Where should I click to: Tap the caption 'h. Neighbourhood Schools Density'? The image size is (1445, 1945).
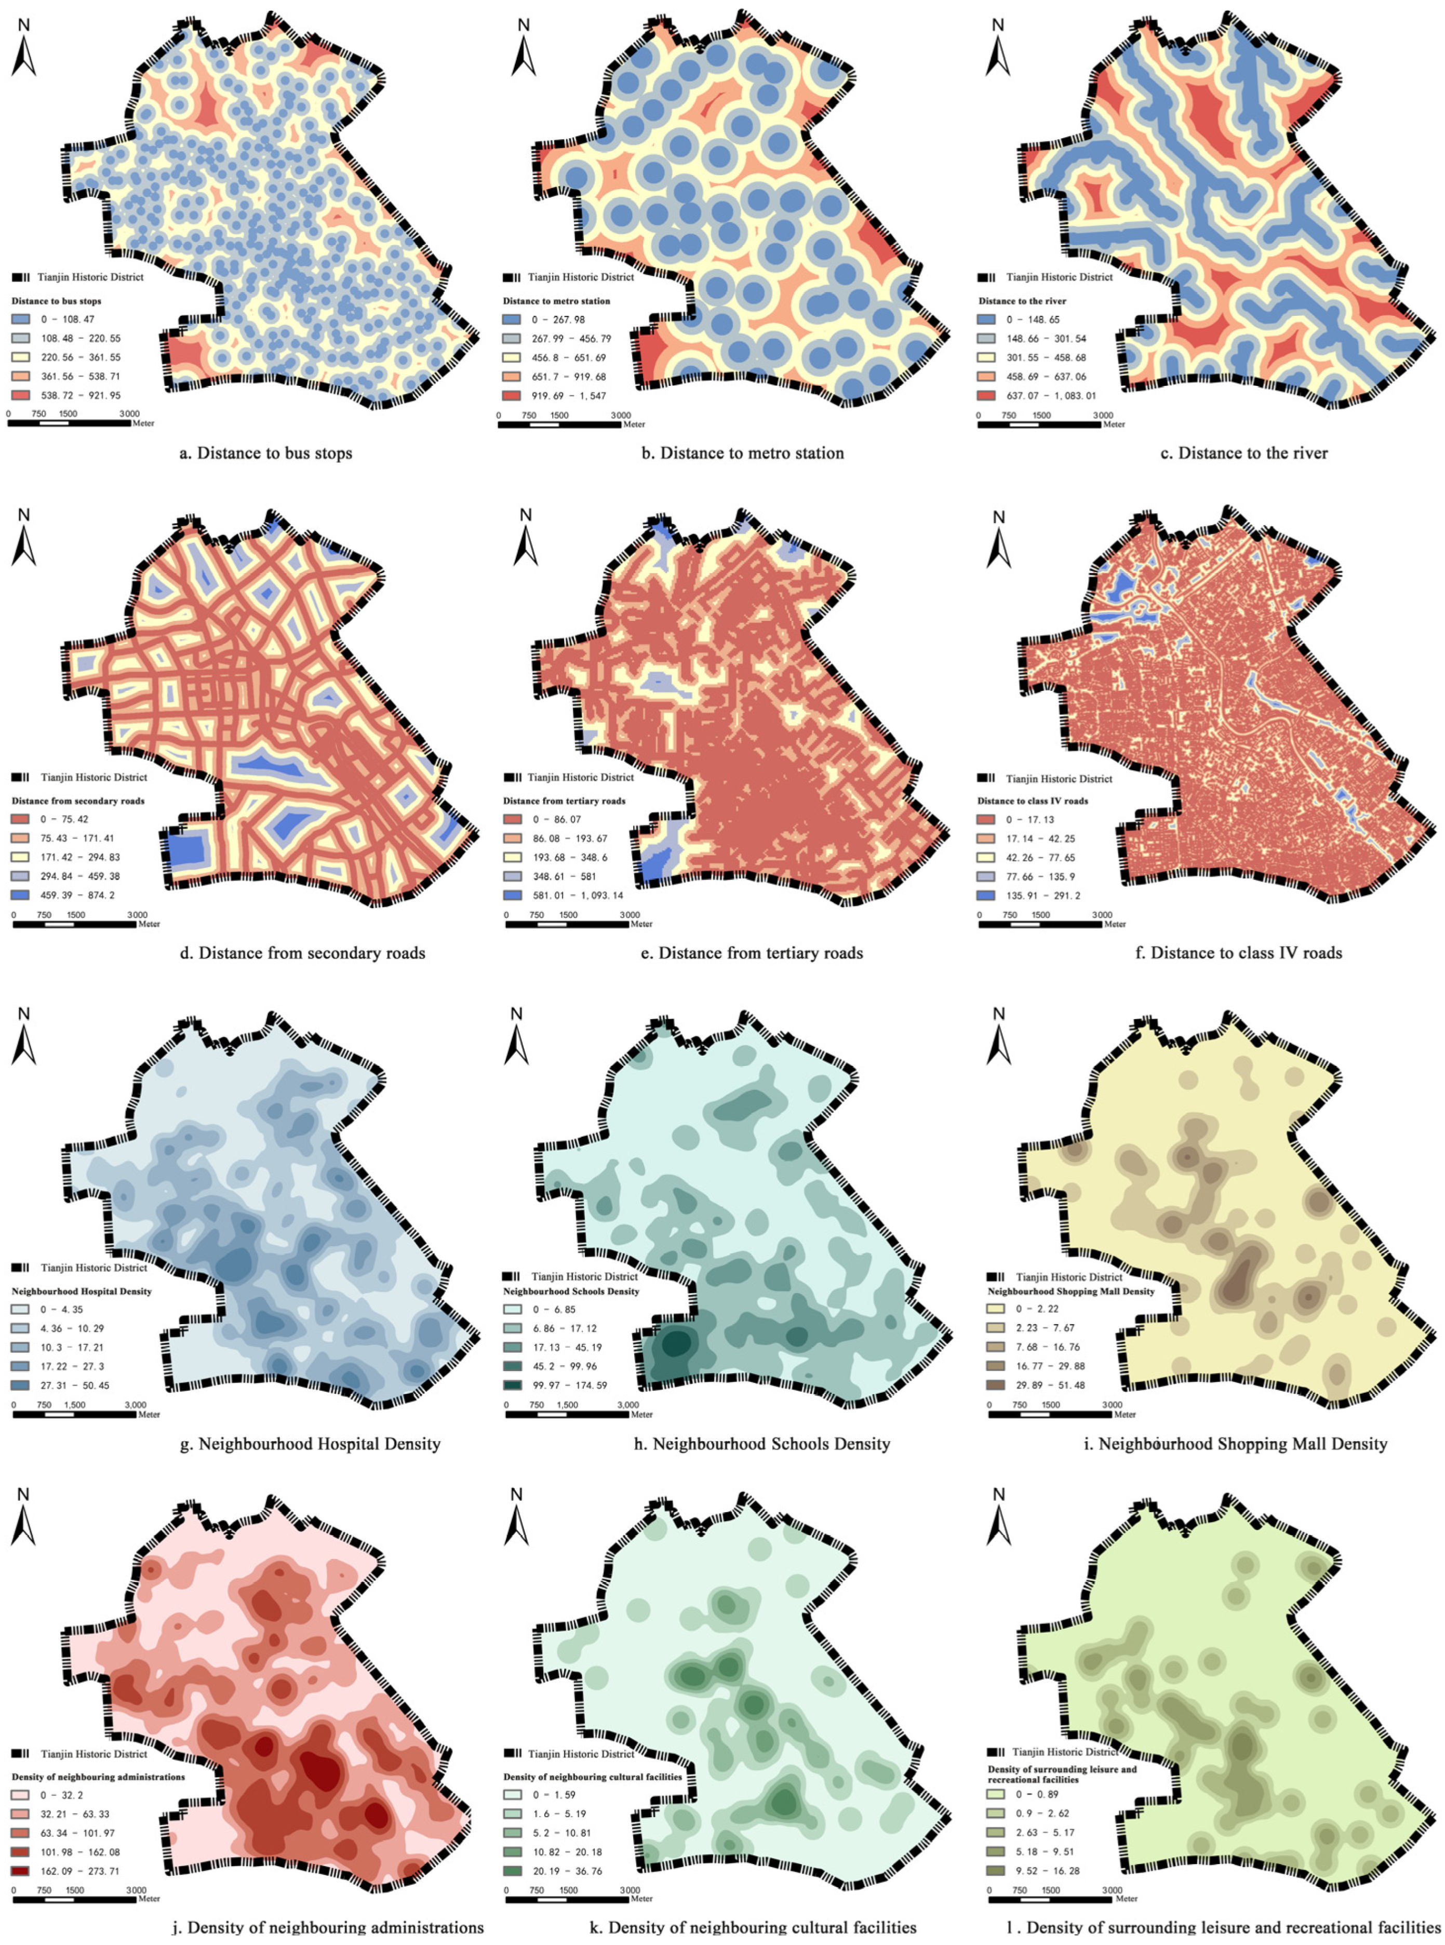tap(762, 1444)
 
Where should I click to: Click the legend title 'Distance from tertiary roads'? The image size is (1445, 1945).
tap(564, 801)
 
